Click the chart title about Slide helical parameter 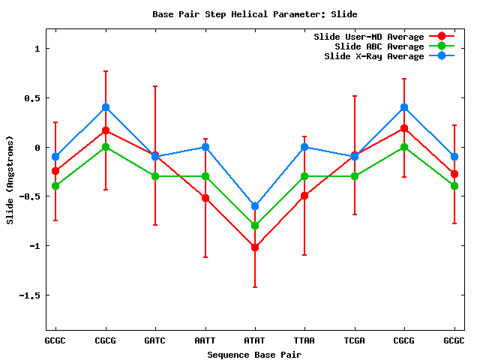[x=254, y=14]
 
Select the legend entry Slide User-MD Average [x=368, y=37]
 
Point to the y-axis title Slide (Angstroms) [x=10, y=180]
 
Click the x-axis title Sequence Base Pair [x=254, y=354]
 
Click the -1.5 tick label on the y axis [x=31, y=295]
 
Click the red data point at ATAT [x=255, y=247]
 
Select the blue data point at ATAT [x=255, y=206]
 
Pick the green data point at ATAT [x=255, y=226]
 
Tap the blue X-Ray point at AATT [x=205, y=147]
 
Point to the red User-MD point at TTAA [x=304, y=196]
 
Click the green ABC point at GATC [x=155, y=176]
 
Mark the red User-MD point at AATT [x=205, y=198]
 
